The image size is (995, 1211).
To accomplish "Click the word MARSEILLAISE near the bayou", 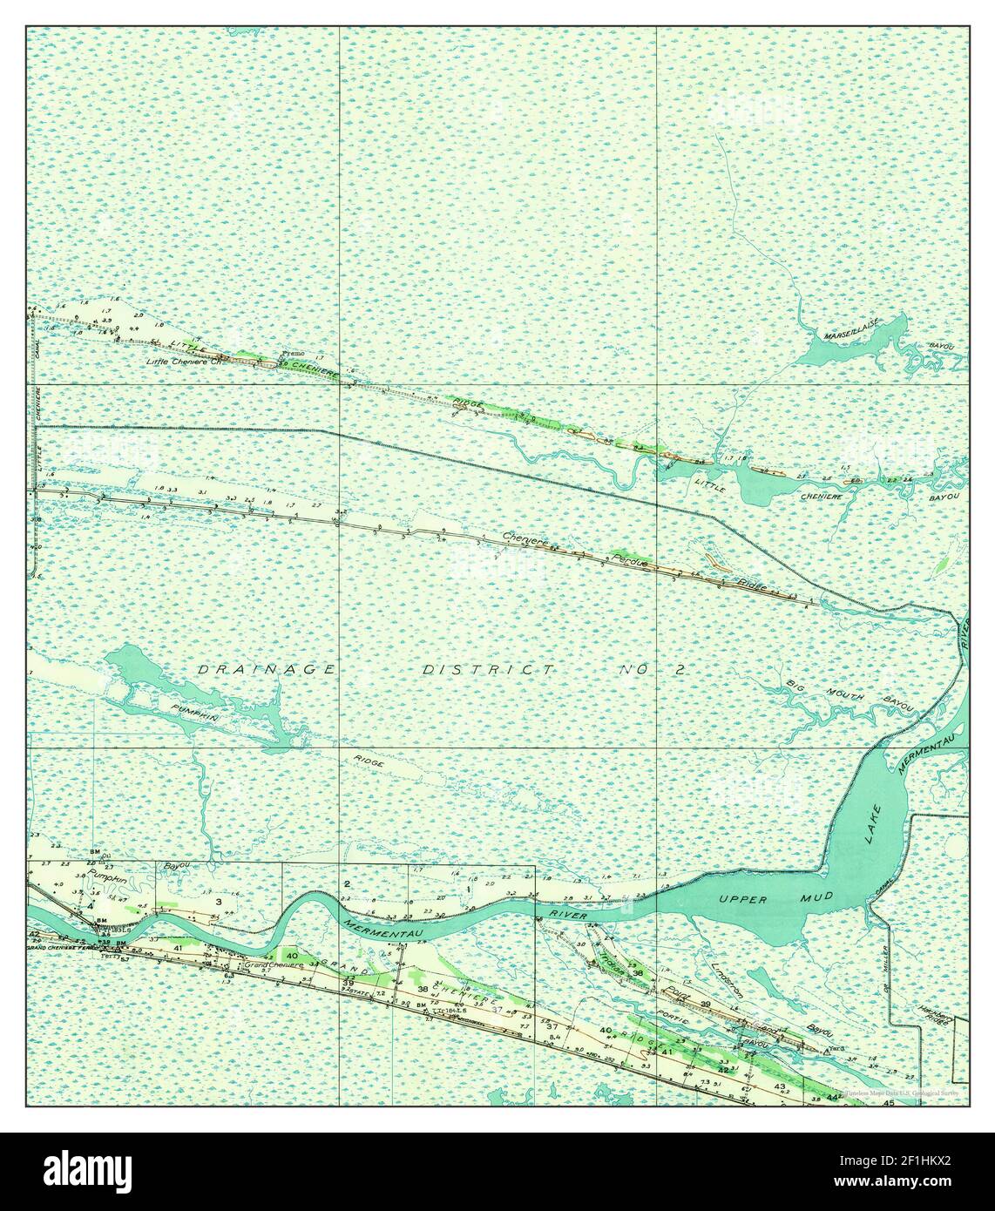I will [x=851, y=328].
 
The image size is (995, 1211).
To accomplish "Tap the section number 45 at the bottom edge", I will [x=888, y=1103].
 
